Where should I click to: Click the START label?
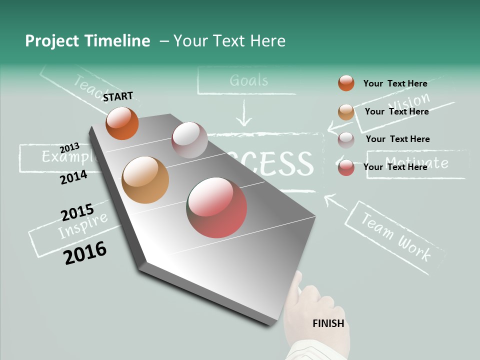118,96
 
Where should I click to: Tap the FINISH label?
328,323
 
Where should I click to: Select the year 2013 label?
69,147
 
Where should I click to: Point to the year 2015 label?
77,213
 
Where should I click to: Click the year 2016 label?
85,253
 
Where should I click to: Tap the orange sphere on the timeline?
122,123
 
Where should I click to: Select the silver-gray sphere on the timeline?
189,140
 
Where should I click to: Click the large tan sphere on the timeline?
145,180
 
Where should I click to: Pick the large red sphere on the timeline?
216,207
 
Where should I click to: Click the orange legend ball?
346,83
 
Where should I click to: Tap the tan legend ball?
346,112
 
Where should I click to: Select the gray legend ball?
346,139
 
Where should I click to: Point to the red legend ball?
346,167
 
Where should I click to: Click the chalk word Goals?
248,80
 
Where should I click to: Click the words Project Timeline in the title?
87,41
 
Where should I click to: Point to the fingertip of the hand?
298,274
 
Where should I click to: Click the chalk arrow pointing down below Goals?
243,114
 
